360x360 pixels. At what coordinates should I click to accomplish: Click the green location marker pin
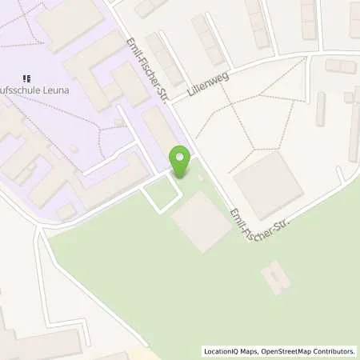click(x=181, y=161)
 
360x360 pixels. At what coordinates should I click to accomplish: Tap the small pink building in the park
click(x=275, y=277)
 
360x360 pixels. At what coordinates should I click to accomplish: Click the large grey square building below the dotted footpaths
click(x=267, y=185)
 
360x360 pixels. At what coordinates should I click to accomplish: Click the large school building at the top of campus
click(x=70, y=24)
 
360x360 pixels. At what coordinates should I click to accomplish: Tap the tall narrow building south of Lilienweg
click(x=321, y=109)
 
